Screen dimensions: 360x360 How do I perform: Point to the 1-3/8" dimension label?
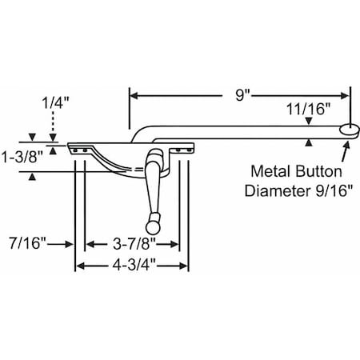pos(18,156)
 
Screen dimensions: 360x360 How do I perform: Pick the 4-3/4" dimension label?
pos(132,266)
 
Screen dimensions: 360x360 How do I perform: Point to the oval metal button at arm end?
pos(348,129)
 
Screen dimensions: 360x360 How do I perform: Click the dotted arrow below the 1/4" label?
pos(52,128)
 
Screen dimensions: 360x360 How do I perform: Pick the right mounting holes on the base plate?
pos(182,148)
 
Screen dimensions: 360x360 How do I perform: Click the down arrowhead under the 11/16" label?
pos(309,121)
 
